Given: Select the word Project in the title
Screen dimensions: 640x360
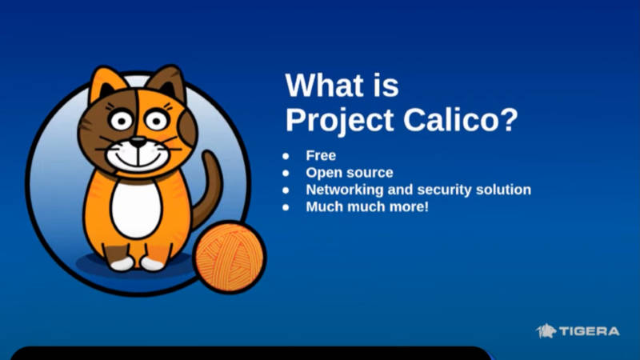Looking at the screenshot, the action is point(339,122).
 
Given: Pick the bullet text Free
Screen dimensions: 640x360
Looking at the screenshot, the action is point(321,155).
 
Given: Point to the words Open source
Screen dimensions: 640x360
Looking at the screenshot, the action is point(350,173).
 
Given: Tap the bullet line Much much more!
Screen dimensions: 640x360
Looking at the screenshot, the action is point(367,207).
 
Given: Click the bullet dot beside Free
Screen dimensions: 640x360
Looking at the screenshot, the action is point(286,156).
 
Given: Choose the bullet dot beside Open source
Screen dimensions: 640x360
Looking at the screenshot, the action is point(286,173).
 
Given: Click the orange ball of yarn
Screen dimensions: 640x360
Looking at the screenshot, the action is point(230,257).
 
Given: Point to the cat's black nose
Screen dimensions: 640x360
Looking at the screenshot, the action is point(138,142).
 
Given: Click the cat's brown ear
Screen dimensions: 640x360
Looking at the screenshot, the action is point(168,83).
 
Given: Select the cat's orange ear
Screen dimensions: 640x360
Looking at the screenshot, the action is point(106,85).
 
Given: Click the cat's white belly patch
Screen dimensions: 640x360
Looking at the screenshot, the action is point(136,209).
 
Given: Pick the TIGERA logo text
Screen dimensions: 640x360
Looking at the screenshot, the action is point(590,331).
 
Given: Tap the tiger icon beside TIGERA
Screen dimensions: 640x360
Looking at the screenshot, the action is point(546,331).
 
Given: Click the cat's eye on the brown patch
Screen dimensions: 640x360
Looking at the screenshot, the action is point(122,119).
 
